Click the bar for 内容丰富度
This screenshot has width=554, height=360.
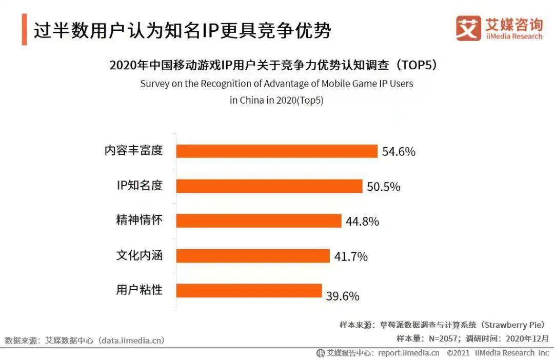coord(277,151)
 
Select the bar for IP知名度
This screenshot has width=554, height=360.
coord(269,186)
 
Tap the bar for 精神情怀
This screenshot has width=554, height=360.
coord(259,221)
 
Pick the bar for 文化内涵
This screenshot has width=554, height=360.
coord(253,255)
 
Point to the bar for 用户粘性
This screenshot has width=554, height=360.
coord(249,290)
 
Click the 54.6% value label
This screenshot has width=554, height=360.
coord(399,152)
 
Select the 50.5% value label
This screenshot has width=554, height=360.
coord(383,187)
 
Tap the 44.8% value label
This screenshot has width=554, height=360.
coord(362,222)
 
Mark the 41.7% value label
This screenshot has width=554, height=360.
coord(351,256)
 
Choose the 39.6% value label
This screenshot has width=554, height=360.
coord(343,296)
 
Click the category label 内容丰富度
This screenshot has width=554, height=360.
coord(133,150)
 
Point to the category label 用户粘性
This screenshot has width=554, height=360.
coord(139,290)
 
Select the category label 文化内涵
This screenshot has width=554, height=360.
coord(139,255)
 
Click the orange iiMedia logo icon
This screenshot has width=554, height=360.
coord(468,28)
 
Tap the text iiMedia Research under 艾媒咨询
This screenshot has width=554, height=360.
coord(513,36)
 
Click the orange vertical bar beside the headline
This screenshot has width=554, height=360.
coord(24,30)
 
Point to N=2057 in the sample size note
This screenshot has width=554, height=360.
coord(443,338)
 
